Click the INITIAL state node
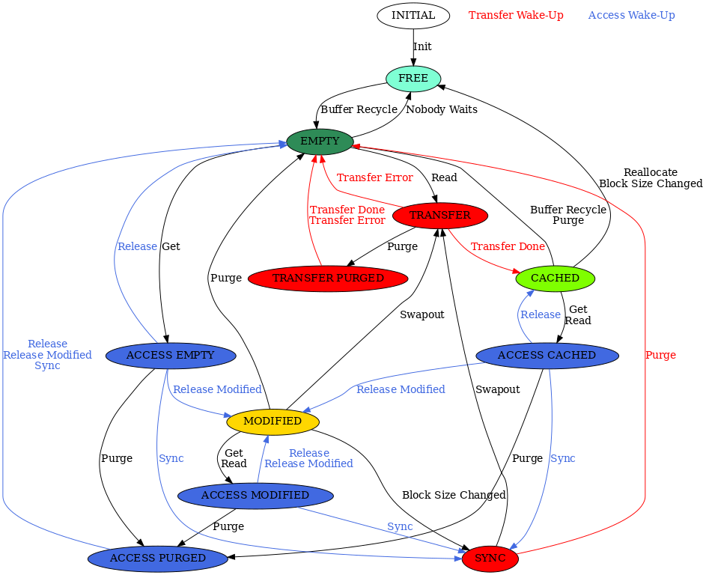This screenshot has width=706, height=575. pyautogui.click(x=413, y=15)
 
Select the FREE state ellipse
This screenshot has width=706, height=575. pyautogui.click(x=413, y=78)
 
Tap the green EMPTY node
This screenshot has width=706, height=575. pyautogui.click(x=320, y=141)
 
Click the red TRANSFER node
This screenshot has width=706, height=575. pyautogui.click(x=440, y=215)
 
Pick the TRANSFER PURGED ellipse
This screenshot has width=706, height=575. pyautogui.click(x=327, y=278)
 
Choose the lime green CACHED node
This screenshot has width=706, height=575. pyautogui.click(x=555, y=278)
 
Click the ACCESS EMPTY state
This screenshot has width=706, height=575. pyautogui.click(x=171, y=355)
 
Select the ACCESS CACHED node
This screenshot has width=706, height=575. pyautogui.click(x=547, y=355)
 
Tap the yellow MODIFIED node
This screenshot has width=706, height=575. pyautogui.click(x=273, y=421)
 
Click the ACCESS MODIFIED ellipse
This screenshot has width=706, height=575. pyautogui.click(x=255, y=495)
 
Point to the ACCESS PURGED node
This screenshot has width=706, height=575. pyautogui.click(x=158, y=558)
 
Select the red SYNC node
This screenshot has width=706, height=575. pyautogui.click(x=490, y=558)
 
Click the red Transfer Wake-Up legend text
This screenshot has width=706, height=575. pyautogui.click(x=516, y=15)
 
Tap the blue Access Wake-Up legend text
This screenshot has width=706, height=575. pyautogui.click(x=631, y=15)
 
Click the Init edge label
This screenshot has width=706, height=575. pyautogui.click(x=422, y=46)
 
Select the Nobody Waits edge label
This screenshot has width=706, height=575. pyautogui.click(x=441, y=109)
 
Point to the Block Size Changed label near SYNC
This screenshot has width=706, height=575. pyautogui.click(x=454, y=495)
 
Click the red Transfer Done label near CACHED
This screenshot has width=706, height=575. pyautogui.click(x=508, y=246)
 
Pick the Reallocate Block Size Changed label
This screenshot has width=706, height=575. pyautogui.click(x=651, y=177)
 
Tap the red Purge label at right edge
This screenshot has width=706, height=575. pyautogui.click(x=660, y=355)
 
